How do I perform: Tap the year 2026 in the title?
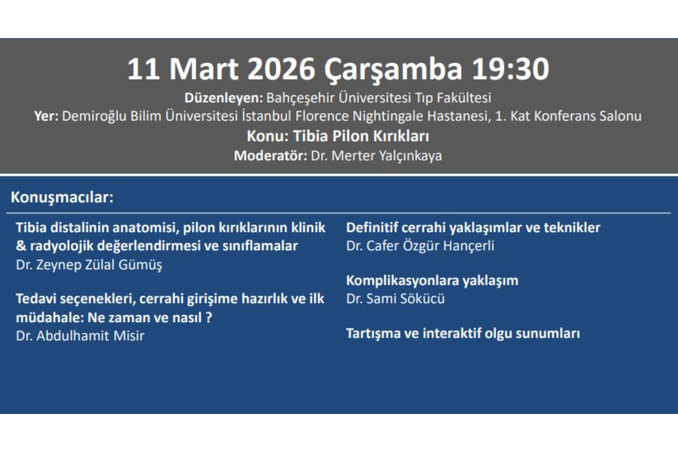281,69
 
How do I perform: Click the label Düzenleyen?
224,98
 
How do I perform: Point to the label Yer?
46,116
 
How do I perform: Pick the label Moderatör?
270,156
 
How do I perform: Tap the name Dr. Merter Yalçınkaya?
376,156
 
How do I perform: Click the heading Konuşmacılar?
62,197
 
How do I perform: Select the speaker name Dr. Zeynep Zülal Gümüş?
89,265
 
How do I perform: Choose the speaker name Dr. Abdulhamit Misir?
80,336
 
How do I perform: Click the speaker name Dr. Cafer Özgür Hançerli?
420,246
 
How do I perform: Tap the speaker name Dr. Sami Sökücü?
395,299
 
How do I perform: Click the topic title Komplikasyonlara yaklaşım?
432,281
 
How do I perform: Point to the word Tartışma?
373,334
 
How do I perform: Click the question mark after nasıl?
209,317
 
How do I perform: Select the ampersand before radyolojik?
21,246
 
